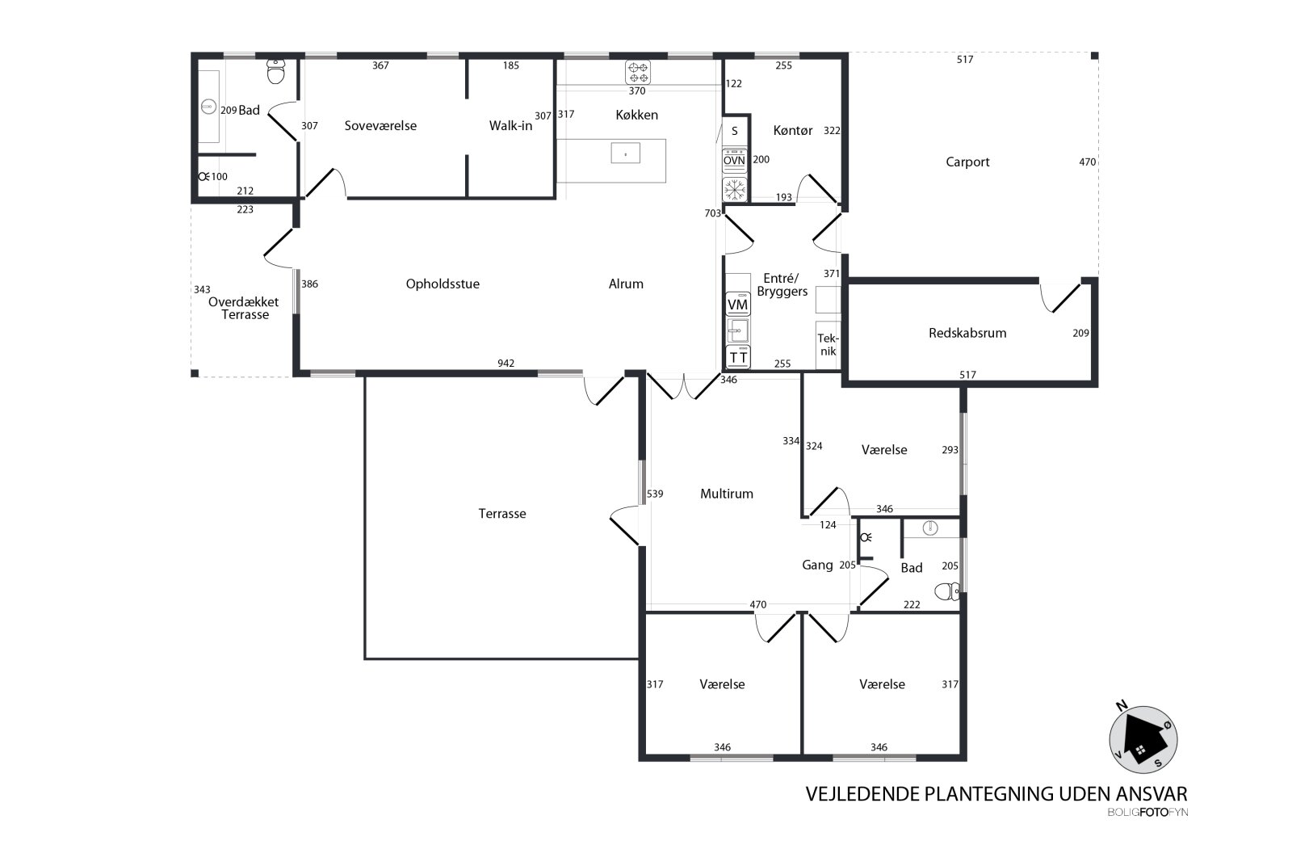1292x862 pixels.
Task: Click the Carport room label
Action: (x=967, y=162)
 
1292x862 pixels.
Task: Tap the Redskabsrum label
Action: (x=967, y=333)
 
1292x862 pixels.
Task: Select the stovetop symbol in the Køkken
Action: (x=637, y=73)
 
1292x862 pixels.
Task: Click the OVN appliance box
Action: (x=734, y=161)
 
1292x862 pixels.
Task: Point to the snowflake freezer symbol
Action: (x=735, y=189)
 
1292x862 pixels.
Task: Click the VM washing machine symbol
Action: (x=738, y=304)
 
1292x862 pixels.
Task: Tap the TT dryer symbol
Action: (x=738, y=357)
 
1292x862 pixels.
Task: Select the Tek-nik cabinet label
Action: (x=828, y=345)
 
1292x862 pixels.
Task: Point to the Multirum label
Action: (x=727, y=494)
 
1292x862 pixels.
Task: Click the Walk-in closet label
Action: (x=510, y=126)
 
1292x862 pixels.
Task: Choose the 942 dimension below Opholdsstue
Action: (x=505, y=363)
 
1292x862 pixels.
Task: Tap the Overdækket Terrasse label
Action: (x=243, y=308)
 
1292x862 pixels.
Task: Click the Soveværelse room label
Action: (x=380, y=126)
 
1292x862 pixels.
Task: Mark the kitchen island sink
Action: (x=625, y=153)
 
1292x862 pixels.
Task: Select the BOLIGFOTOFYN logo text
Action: (x=1147, y=813)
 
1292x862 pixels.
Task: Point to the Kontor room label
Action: (x=793, y=131)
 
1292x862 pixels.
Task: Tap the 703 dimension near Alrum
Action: (x=713, y=213)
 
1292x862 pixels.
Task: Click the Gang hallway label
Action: (x=817, y=566)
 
